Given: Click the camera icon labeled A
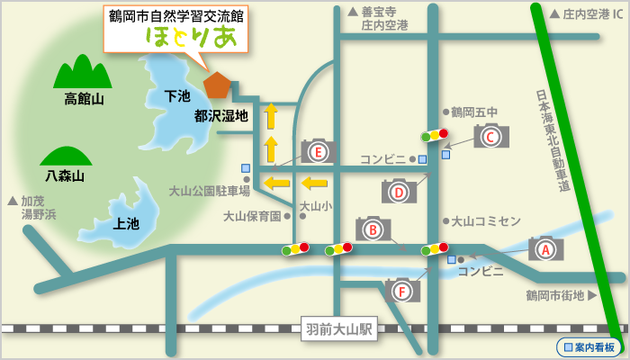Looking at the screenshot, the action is (x=545, y=248).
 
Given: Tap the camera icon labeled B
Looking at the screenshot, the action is (x=373, y=229).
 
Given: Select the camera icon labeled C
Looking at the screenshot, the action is (x=491, y=137).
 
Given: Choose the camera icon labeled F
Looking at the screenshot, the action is (x=402, y=290).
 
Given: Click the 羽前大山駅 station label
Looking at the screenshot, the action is (x=337, y=328).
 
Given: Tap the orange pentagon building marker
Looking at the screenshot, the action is (x=217, y=84).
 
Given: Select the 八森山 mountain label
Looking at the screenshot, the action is (x=65, y=176).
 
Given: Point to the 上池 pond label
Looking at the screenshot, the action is (x=126, y=223).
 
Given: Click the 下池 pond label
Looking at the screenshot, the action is (x=177, y=95).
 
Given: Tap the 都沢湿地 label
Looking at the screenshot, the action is (x=221, y=115).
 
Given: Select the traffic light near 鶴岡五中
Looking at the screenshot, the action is (x=434, y=136).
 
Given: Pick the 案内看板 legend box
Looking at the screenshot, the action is (x=589, y=346).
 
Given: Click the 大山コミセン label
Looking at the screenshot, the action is (x=486, y=220).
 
